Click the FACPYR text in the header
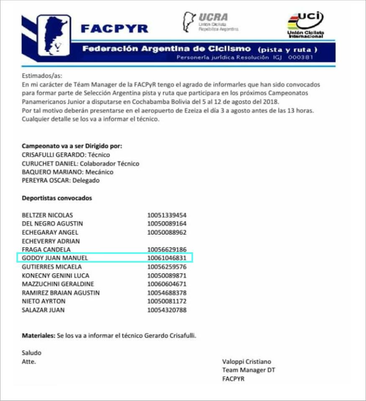(114, 28)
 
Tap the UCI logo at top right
(306, 25)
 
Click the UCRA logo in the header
(211, 22)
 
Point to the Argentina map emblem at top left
(54, 35)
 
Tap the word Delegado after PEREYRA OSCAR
(86, 180)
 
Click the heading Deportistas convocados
(57, 198)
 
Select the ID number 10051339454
(167, 215)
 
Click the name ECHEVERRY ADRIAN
(51, 241)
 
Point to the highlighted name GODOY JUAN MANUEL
(54, 258)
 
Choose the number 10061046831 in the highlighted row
(167, 258)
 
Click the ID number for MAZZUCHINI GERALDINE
(167, 284)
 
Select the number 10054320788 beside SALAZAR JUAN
(167, 310)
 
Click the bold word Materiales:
(38, 335)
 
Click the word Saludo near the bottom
(31, 353)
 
